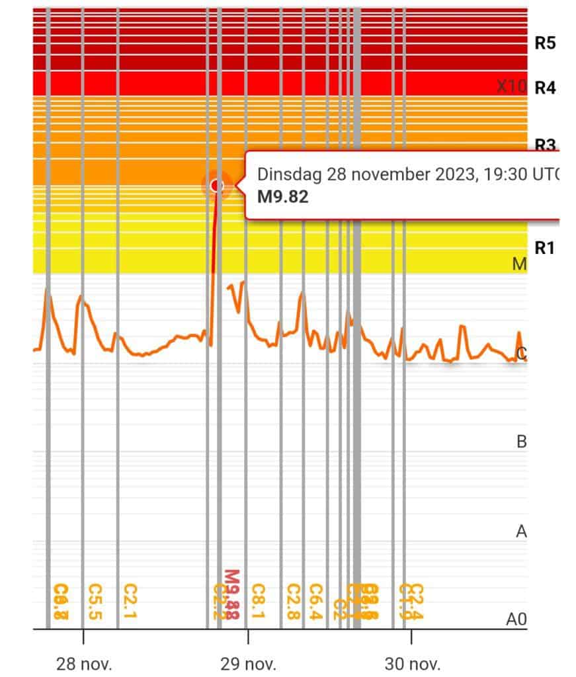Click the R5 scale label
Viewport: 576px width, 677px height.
click(x=545, y=44)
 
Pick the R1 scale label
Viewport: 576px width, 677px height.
click(x=544, y=249)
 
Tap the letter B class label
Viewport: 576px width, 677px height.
click(x=521, y=442)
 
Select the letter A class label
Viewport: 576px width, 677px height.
click(x=521, y=532)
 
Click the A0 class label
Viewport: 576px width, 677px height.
click(x=516, y=619)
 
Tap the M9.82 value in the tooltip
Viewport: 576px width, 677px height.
click(x=283, y=196)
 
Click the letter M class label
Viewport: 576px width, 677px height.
click(x=520, y=264)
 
